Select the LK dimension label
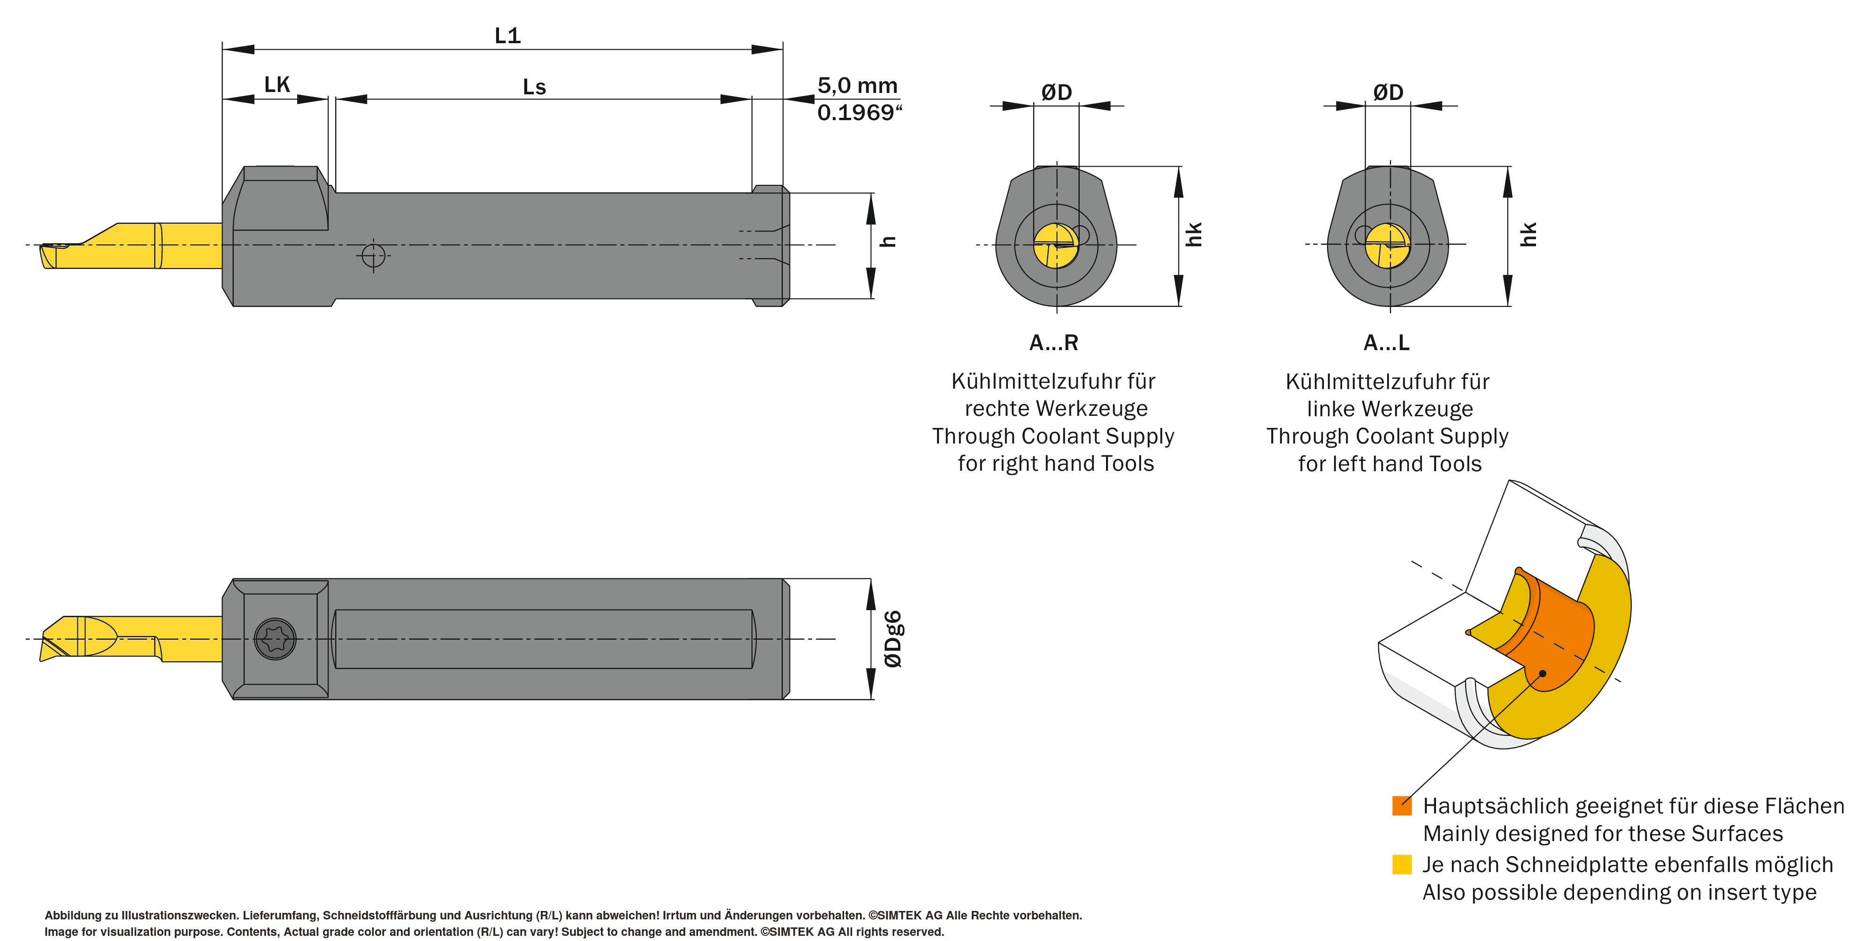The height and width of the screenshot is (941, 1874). click(276, 85)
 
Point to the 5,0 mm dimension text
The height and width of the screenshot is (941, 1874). click(857, 86)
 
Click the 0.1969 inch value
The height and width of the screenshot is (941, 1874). click(859, 113)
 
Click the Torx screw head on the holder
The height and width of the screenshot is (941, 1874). click(276, 639)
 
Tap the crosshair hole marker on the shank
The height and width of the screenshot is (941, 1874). click(373, 255)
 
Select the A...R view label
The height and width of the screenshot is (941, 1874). click(1053, 343)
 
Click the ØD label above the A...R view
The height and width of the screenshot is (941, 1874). click(1056, 92)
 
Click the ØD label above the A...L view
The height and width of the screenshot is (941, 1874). click(1388, 92)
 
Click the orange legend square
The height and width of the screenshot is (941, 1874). click(1401, 806)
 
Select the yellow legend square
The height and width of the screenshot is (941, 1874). click(1401, 864)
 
